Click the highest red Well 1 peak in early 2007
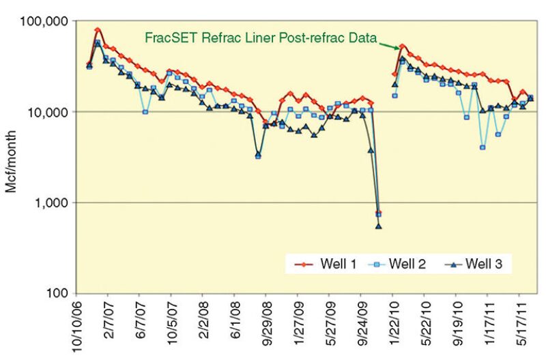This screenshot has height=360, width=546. coord(98,30)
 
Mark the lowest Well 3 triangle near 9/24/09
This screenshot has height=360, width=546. coord(379,226)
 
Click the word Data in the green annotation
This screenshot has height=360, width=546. coord(364,38)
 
